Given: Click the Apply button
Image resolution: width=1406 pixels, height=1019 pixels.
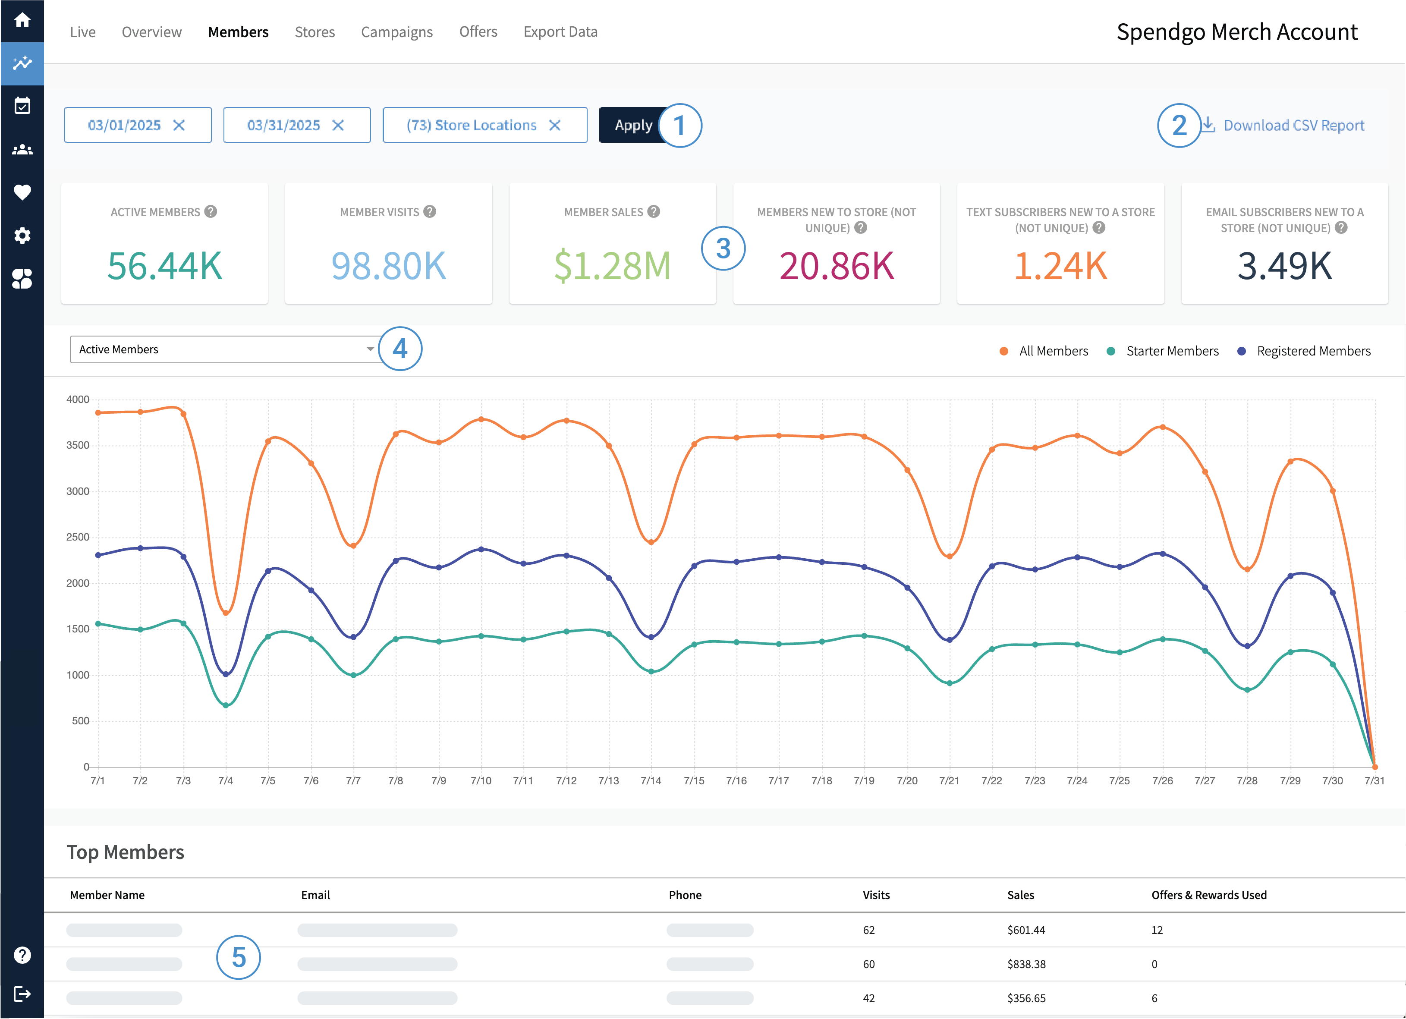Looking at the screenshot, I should click(x=632, y=125).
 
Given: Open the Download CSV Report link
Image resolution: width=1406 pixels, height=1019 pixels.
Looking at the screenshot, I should click(x=1293, y=125).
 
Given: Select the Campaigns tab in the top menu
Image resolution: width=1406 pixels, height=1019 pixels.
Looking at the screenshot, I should click(x=397, y=31).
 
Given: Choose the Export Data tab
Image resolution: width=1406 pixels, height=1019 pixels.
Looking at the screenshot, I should click(x=560, y=31).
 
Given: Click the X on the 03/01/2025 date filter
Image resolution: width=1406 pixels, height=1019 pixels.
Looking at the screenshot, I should click(x=179, y=125).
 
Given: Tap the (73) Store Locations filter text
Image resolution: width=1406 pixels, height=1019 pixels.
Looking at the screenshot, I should click(x=471, y=125).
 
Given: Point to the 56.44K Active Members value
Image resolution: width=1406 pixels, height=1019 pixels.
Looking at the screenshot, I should click(x=164, y=266).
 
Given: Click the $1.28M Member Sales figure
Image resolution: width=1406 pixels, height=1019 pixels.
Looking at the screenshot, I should click(x=612, y=266).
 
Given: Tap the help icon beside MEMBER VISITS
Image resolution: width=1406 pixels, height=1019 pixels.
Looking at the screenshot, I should click(x=430, y=212).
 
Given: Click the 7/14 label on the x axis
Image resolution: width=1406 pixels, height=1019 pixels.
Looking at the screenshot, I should click(x=651, y=781).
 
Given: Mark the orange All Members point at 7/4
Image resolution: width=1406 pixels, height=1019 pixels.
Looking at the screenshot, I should click(x=226, y=613).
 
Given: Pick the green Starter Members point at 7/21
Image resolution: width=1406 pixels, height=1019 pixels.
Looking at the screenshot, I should click(x=950, y=683).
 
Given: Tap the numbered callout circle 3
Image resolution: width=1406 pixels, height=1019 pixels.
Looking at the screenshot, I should click(x=723, y=248).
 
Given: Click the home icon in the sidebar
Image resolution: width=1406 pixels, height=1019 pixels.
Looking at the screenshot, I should click(x=22, y=20).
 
